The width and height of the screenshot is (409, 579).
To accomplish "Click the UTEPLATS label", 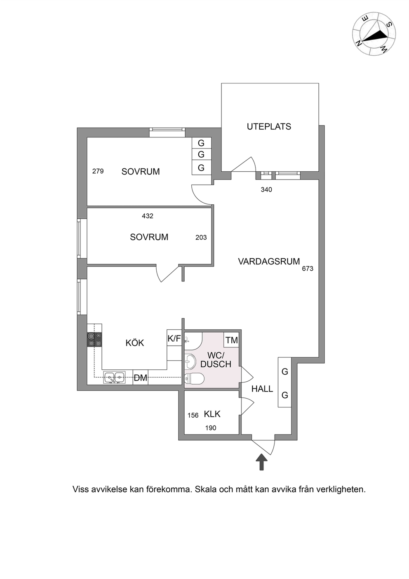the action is click(x=269, y=127).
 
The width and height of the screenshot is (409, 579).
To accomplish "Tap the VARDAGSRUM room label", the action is click(x=269, y=262).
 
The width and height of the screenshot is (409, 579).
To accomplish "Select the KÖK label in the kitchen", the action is click(x=134, y=343).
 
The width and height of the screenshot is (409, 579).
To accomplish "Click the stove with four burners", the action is click(x=94, y=339).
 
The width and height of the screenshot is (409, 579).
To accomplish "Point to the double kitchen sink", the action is click(x=114, y=378).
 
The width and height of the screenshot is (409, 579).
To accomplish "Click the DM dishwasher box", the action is click(x=141, y=378).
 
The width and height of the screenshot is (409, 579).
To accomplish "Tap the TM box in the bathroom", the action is click(x=231, y=340).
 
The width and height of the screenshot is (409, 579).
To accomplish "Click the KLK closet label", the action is click(x=212, y=414).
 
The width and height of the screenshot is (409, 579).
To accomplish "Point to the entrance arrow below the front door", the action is click(x=261, y=462).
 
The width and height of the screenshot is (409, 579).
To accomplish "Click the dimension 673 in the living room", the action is click(x=308, y=269).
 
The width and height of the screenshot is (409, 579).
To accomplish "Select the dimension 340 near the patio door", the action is click(x=266, y=190).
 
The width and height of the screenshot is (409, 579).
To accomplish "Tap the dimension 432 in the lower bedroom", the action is click(x=148, y=216).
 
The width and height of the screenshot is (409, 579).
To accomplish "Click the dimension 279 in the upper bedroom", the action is click(x=98, y=171).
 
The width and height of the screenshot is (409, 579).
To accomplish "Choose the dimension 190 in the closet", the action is click(x=211, y=428).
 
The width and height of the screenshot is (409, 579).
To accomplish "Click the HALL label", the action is click(x=262, y=389).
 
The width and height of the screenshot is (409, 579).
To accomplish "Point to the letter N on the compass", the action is click(x=359, y=43).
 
